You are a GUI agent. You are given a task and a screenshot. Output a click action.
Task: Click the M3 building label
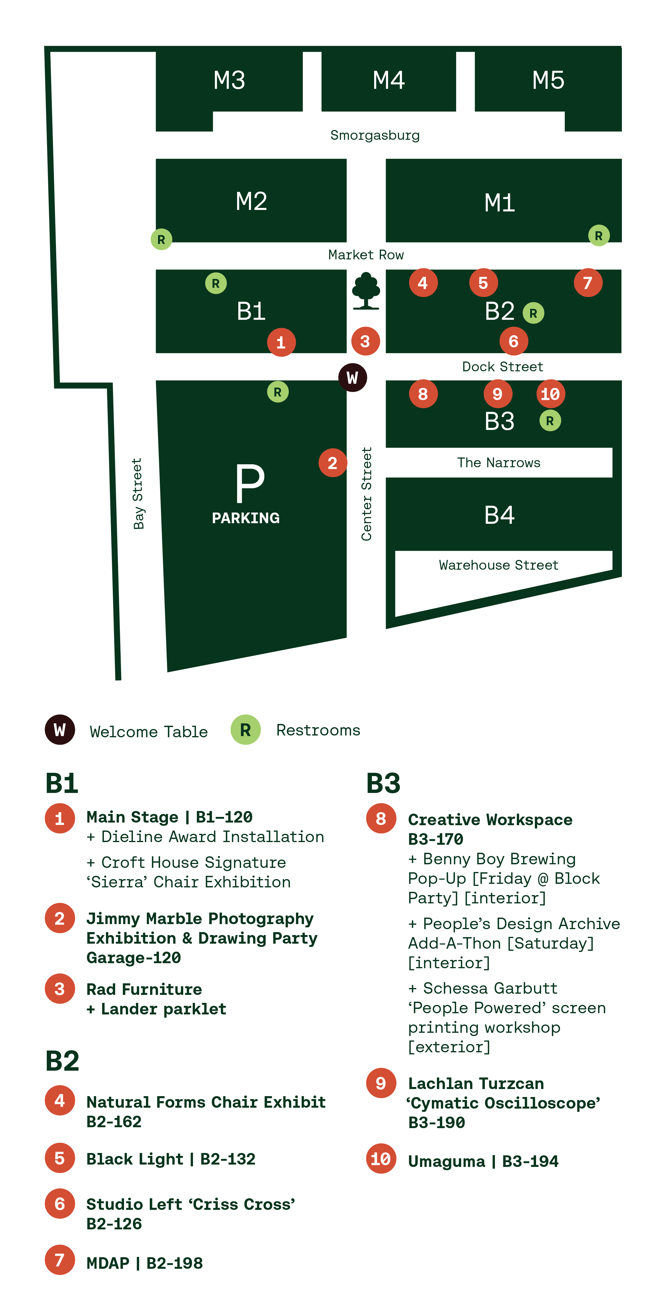[x=229, y=80]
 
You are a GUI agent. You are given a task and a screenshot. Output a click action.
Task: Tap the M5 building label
[x=548, y=80]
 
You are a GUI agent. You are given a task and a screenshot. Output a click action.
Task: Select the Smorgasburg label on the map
[x=375, y=135]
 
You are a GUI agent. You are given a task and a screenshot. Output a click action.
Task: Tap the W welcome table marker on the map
[x=353, y=377]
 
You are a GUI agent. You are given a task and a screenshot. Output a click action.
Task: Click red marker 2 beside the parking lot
[x=332, y=463]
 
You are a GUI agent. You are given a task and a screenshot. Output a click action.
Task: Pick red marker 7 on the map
[x=588, y=283]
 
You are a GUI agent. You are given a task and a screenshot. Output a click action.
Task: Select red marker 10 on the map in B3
[x=550, y=394]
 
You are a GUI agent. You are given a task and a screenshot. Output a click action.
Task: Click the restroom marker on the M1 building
[x=599, y=235]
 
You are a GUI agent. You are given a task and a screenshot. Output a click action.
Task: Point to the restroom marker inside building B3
[x=550, y=420]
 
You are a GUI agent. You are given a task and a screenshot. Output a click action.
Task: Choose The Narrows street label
[x=498, y=463]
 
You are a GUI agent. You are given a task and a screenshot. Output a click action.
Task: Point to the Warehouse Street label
[x=498, y=565]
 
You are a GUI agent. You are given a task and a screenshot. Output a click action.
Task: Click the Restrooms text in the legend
[x=318, y=730]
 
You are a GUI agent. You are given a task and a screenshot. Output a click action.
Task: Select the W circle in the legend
[x=60, y=730]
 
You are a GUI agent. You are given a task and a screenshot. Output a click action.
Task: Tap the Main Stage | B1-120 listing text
[x=170, y=817]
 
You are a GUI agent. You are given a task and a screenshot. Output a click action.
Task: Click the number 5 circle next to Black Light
[x=60, y=1158]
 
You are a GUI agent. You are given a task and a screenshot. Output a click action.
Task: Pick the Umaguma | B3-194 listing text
[x=483, y=1161]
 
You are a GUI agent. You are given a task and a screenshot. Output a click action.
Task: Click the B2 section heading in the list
[x=62, y=1061]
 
